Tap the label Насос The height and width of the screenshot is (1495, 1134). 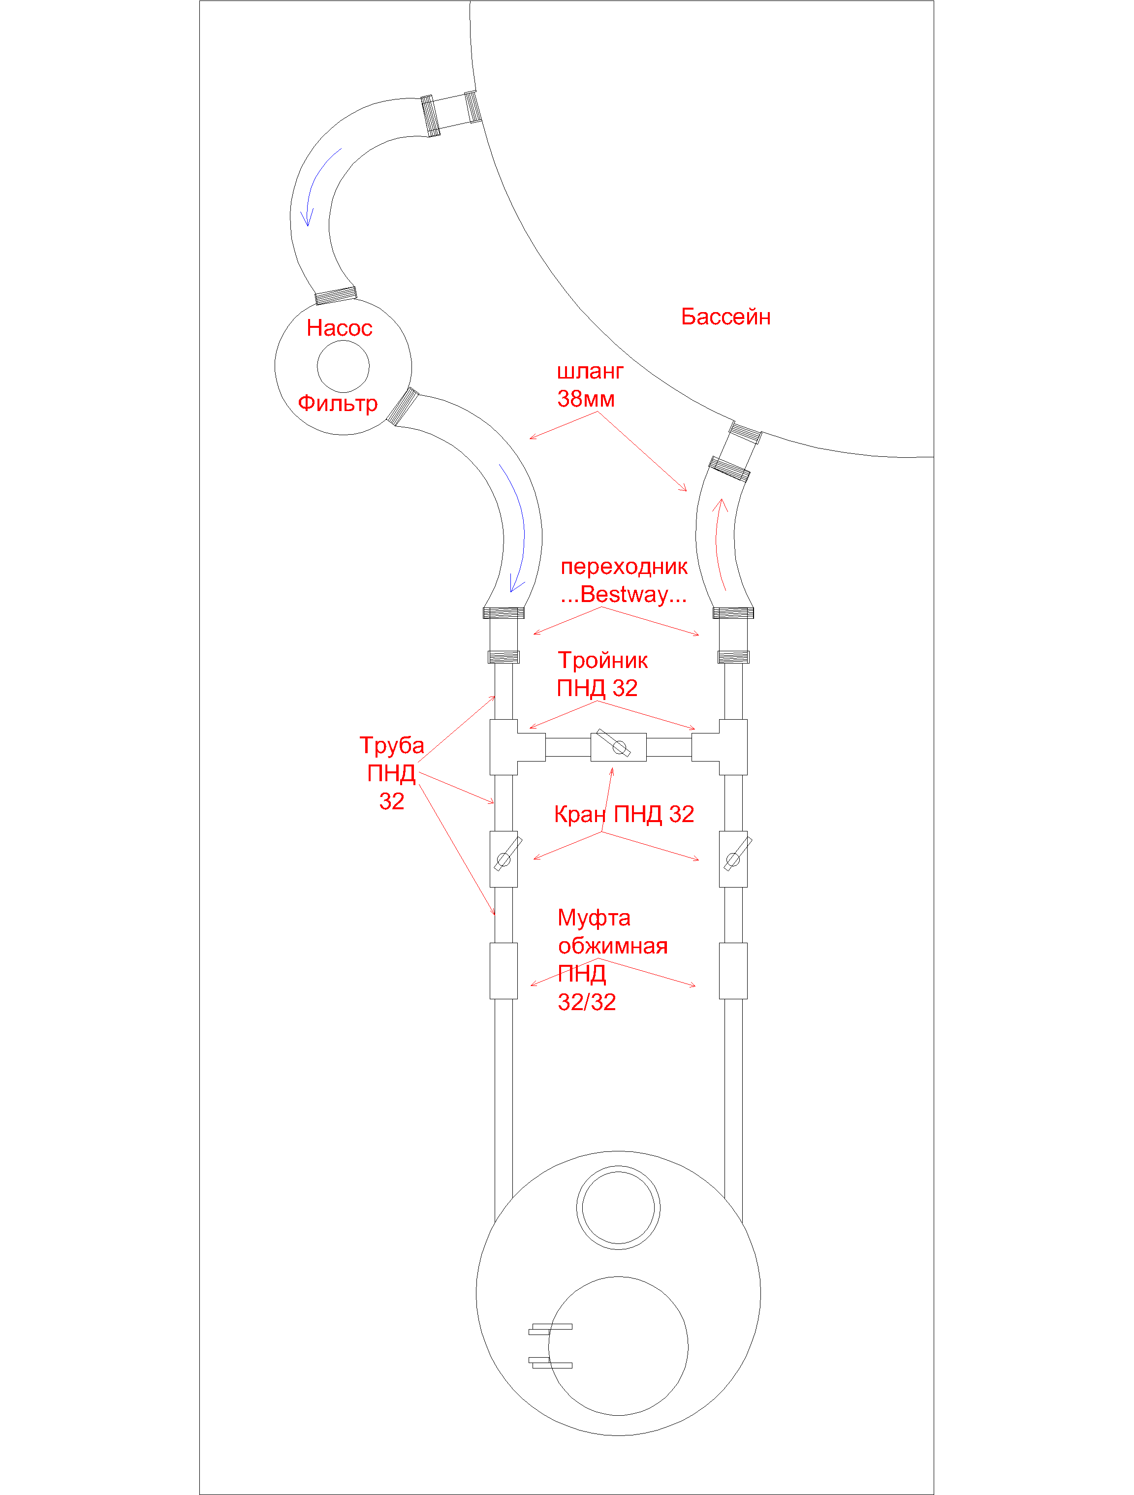coord(339,328)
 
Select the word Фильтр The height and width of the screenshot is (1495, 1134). coord(338,404)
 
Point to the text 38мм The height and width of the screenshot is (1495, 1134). coord(586,399)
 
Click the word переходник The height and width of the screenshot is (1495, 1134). coord(624,567)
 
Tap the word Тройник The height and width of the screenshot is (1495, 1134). coord(603,660)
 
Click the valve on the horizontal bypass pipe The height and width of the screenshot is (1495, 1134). coord(618,747)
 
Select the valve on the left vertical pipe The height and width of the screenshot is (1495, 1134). coord(504,859)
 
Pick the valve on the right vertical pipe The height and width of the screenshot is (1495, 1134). coord(733,859)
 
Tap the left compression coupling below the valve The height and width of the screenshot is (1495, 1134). coord(504,971)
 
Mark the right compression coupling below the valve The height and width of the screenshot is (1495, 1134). coord(733,971)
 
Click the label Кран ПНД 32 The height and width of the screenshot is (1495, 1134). coord(624,814)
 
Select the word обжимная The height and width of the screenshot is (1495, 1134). coord(612,946)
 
